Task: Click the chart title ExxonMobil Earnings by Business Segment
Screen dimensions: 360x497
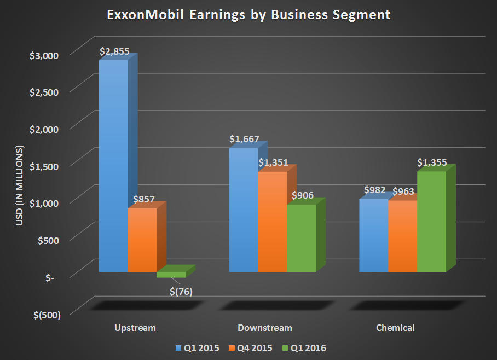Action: point(248,15)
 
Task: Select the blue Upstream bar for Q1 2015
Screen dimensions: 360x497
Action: point(113,164)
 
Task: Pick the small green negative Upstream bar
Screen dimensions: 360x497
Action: point(171,275)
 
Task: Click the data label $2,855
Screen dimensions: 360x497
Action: point(114,52)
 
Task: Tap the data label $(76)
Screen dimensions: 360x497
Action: point(181,291)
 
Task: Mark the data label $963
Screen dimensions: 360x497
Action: point(403,191)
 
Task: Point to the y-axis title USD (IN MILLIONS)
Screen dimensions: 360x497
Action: point(21,186)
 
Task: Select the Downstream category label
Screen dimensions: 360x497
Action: point(265,328)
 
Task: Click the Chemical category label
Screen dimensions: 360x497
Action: point(395,328)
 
